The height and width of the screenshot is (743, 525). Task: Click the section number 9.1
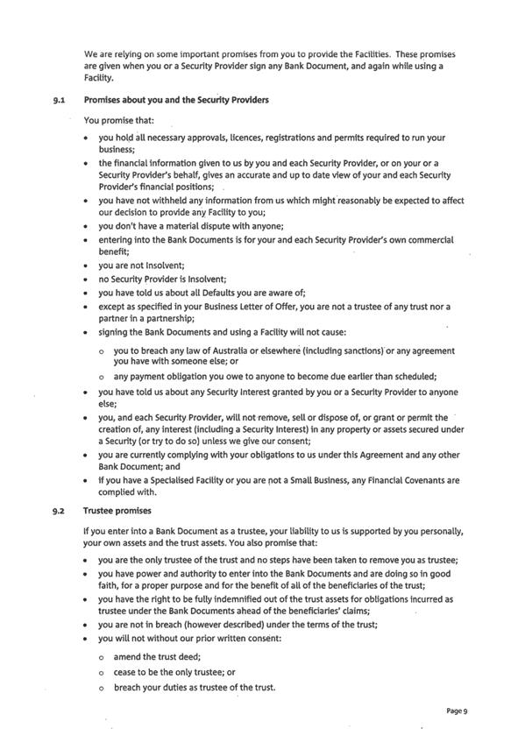(60, 100)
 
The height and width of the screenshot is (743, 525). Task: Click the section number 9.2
(60, 509)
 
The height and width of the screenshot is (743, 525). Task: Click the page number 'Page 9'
(457, 711)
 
